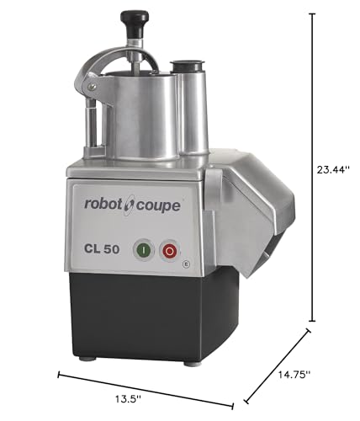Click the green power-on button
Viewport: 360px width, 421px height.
tap(144, 251)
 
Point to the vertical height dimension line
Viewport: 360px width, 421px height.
tap(314, 168)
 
